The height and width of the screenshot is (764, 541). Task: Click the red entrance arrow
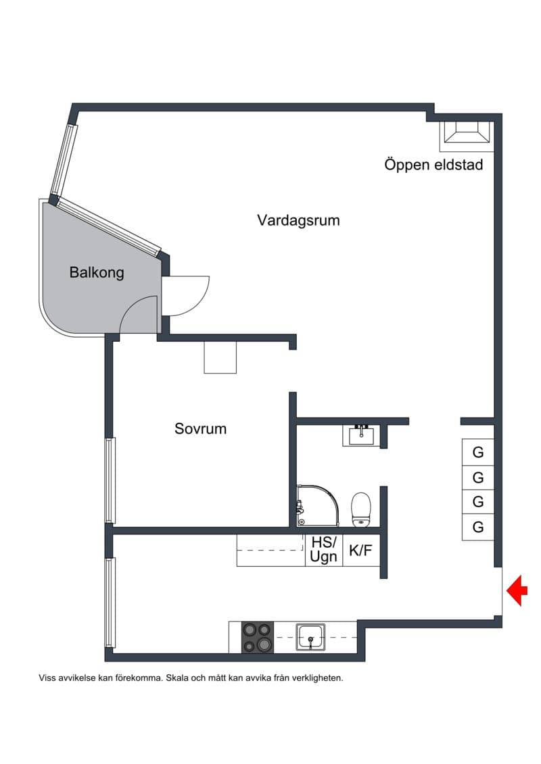coord(517,590)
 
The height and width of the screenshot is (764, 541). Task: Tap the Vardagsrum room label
coord(298,220)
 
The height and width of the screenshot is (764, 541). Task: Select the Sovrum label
coord(200,429)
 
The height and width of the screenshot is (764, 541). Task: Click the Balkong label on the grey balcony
coord(97,272)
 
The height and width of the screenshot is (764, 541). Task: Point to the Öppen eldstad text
coord(433,165)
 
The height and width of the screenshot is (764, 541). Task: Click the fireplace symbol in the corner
coord(467,132)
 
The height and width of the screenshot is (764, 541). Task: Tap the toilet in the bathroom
coord(362,509)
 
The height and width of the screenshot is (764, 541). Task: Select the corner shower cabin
coord(317,505)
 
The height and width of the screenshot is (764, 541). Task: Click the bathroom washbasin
coord(362,435)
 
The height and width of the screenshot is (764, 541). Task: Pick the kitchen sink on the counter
coord(310,637)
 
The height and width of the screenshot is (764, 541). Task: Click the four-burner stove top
coord(258,637)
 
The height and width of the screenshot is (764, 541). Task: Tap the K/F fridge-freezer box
coord(361,551)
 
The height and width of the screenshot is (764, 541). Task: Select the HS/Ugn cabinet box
coord(324,550)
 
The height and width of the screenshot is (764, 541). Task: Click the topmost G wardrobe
coord(478,452)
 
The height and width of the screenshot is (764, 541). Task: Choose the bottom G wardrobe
coord(478,527)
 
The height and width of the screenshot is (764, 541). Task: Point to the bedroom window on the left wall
coord(111,480)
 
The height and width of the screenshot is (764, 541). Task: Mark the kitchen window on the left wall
coord(111,603)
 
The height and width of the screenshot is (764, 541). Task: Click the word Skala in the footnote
coord(178,678)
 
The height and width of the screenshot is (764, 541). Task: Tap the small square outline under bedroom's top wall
coord(220,357)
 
